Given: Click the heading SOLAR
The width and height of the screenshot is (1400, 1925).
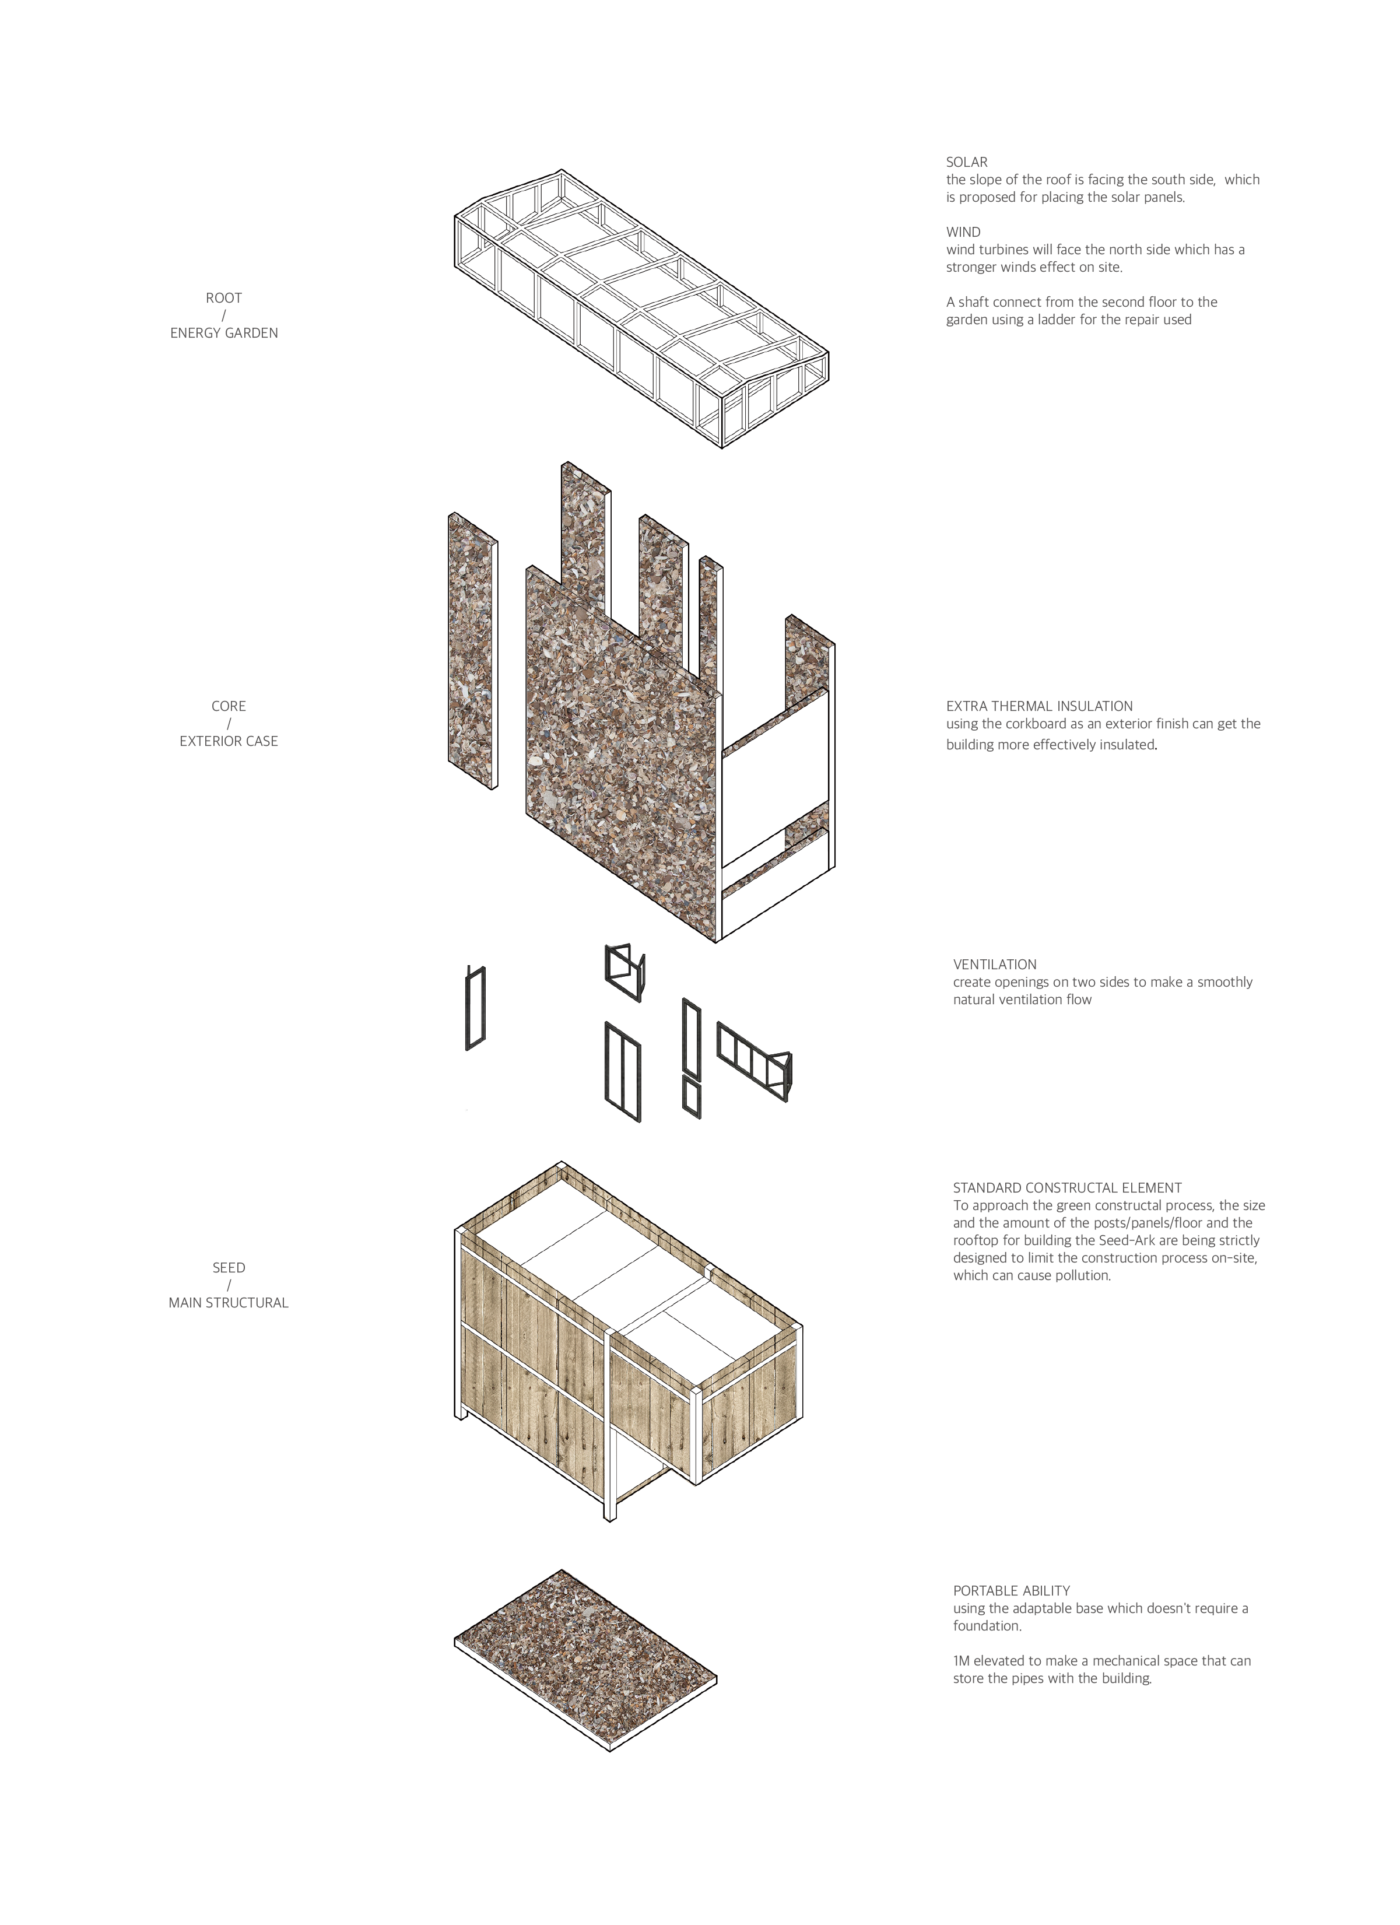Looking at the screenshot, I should tap(966, 162).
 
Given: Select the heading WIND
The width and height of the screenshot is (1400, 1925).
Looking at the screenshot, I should tap(963, 232).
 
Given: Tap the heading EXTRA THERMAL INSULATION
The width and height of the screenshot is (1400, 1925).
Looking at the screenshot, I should tap(1038, 706).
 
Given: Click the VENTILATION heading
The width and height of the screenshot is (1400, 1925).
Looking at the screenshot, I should tap(994, 964).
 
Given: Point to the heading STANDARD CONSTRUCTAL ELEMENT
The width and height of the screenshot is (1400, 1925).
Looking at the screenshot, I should tap(1066, 1187).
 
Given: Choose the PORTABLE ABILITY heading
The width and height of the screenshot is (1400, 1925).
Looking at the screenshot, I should tap(1010, 1591).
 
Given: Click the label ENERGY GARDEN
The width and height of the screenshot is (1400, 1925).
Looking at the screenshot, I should tap(224, 333).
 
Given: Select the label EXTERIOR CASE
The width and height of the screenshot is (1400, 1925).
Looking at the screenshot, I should tap(228, 741).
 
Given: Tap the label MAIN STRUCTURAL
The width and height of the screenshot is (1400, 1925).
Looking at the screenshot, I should tap(228, 1302).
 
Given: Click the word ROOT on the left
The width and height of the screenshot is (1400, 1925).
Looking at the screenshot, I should tap(224, 298).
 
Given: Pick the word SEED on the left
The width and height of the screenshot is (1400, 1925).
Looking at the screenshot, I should tap(228, 1267).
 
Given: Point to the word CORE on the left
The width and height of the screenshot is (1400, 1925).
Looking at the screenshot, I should tap(228, 706).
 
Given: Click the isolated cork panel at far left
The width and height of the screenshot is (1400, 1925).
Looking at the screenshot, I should tap(472, 651).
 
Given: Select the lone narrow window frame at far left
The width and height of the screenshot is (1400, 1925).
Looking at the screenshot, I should tap(475, 1008).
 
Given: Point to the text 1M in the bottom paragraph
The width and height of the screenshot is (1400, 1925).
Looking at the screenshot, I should tap(960, 1661).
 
